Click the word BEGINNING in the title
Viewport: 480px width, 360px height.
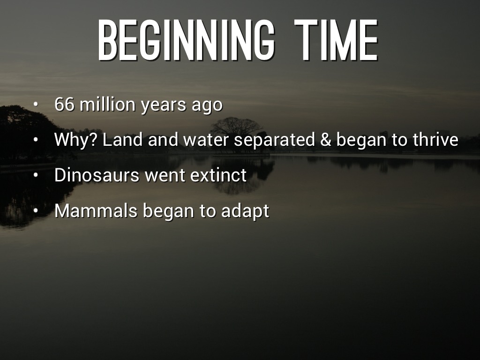[x=186, y=40]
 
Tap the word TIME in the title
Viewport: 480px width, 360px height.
[x=336, y=40]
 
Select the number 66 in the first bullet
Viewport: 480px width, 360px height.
[x=64, y=104]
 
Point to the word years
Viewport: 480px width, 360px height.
[x=164, y=105]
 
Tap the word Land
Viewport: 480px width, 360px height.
[x=122, y=139]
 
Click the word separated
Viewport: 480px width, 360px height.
[x=275, y=141]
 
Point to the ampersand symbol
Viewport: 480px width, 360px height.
[x=326, y=140]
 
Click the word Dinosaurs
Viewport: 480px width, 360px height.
[x=97, y=175]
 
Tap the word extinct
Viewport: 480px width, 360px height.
[x=218, y=175]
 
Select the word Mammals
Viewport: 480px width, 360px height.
[x=96, y=210]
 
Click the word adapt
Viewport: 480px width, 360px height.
[x=245, y=211]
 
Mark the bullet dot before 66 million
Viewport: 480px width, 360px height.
[x=36, y=104]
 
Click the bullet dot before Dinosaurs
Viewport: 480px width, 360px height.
[x=36, y=175]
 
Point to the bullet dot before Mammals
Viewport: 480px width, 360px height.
[x=36, y=210]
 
